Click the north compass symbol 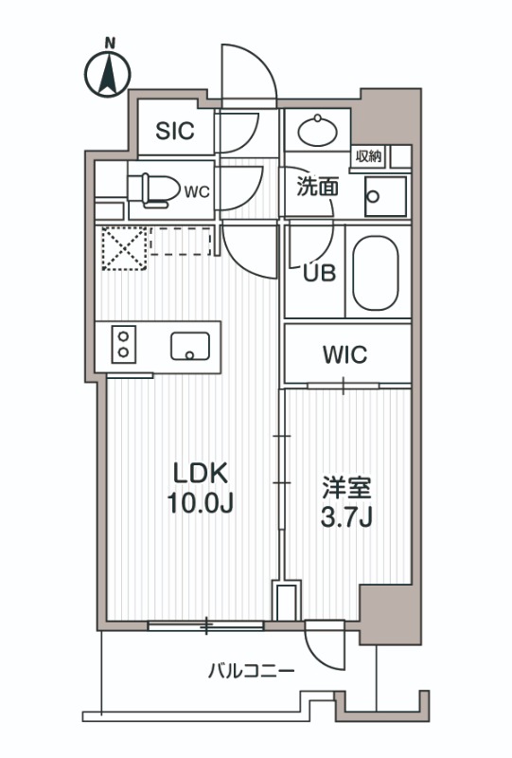coord(108,71)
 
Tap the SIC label coord(175,132)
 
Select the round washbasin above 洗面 coord(317,128)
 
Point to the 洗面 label coord(317,187)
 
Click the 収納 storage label coord(369,156)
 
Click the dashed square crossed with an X coord(120,248)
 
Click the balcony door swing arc coord(322,644)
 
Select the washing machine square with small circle coord(385,197)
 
